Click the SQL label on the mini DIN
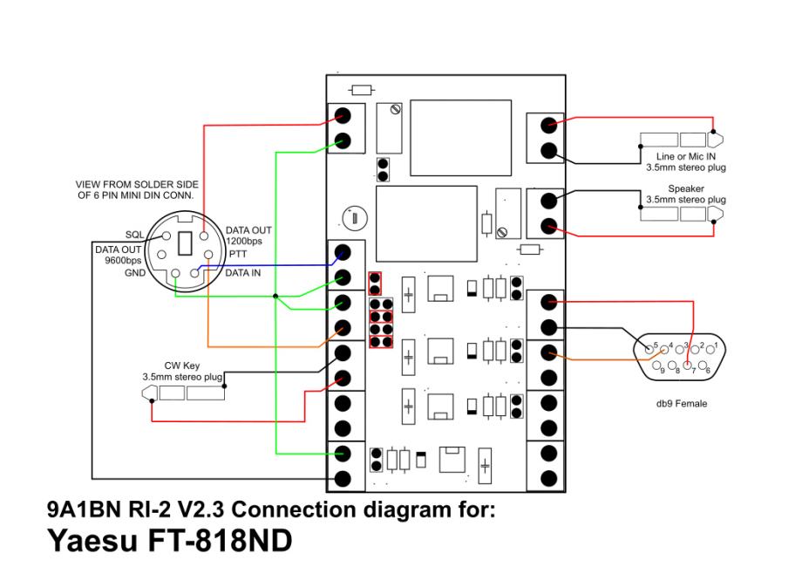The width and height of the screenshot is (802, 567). tap(135, 236)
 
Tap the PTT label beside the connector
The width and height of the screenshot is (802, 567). tap(237, 253)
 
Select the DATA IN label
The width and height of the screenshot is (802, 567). tap(245, 272)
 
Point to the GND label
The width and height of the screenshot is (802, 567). tap(135, 272)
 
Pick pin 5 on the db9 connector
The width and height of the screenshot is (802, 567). tap(649, 346)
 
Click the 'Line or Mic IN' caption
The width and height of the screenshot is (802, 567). tap(685, 154)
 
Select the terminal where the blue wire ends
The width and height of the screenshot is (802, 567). tap(343, 253)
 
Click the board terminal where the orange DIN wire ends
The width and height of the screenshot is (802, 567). tap(343, 328)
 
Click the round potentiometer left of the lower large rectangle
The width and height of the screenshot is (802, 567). tap(354, 215)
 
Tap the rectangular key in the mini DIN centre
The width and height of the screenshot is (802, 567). tap(183, 243)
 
